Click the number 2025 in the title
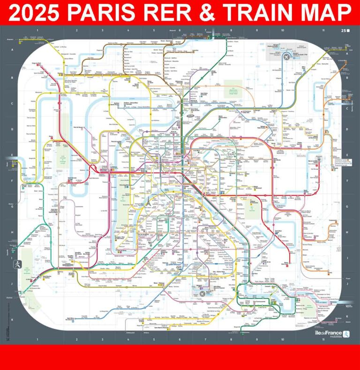tap(36, 12)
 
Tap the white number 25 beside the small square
tap(343, 31)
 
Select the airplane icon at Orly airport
tap(202, 294)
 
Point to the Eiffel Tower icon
tap(147, 201)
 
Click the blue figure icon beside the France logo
tap(346, 334)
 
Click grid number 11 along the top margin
tap(323, 30)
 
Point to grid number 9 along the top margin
tap(256, 30)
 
